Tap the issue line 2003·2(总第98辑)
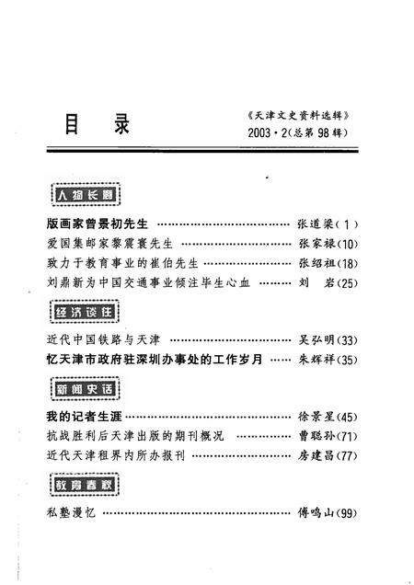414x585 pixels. pos(300,135)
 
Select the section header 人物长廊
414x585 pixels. pos(84,195)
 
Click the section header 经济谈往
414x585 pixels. pos(84,312)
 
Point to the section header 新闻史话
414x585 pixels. pos(84,390)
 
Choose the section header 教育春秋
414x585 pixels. pos(84,484)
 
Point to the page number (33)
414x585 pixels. pos(348,339)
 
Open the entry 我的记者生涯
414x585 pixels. pos(86,417)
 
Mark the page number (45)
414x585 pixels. pos(348,417)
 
